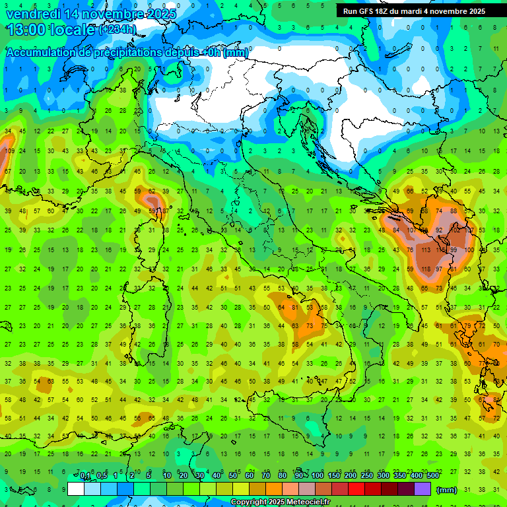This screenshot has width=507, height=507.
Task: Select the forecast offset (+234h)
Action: click(x=118, y=29)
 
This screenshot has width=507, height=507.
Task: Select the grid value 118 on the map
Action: click(x=425, y=269)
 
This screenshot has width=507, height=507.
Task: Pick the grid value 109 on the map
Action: click(x=9, y=151)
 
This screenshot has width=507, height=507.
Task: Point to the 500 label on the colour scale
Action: click(x=433, y=476)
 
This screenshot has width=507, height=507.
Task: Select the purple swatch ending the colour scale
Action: click(x=422, y=489)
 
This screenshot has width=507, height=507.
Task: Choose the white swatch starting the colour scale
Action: click(x=76, y=489)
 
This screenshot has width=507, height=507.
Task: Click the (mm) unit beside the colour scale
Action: click(x=447, y=489)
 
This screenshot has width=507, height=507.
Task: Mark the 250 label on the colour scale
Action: click(x=366, y=476)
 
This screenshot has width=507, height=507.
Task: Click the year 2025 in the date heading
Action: click(x=160, y=13)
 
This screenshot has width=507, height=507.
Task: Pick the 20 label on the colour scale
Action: click(x=184, y=476)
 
